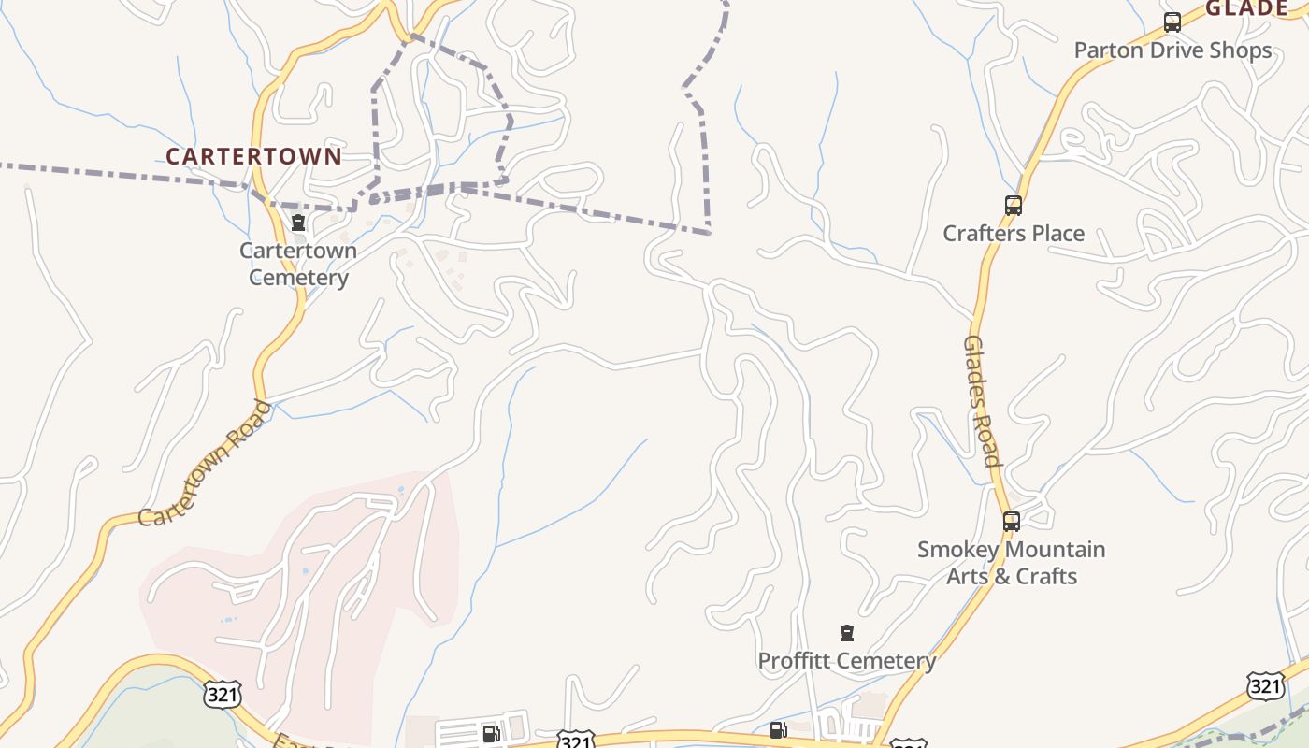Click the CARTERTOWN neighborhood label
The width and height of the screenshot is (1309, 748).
click(253, 156)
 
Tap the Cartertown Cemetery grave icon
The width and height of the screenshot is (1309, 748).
click(298, 223)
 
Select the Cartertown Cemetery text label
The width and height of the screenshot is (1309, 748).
click(298, 264)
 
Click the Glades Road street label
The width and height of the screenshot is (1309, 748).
click(982, 400)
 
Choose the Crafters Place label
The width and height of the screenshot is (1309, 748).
click(1014, 234)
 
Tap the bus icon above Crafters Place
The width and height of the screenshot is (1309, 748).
click(1013, 206)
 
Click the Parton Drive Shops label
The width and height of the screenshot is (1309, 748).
click(1172, 50)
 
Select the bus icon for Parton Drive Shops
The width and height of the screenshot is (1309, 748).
click(1172, 22)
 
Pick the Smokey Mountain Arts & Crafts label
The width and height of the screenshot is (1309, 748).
click(1011, 563)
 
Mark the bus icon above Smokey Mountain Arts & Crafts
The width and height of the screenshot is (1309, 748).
click(1011, 522)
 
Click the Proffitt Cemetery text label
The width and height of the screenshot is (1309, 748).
click(846, 661)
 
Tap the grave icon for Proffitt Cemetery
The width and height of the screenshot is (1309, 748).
click(847, 633)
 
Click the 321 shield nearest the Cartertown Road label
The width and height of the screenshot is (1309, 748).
click(222, 694)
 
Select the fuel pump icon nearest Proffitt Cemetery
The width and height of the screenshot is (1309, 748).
click(778, 730)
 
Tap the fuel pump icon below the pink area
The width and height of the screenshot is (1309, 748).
click(491, 734)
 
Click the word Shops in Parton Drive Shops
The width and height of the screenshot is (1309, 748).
click(1241, 50)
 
